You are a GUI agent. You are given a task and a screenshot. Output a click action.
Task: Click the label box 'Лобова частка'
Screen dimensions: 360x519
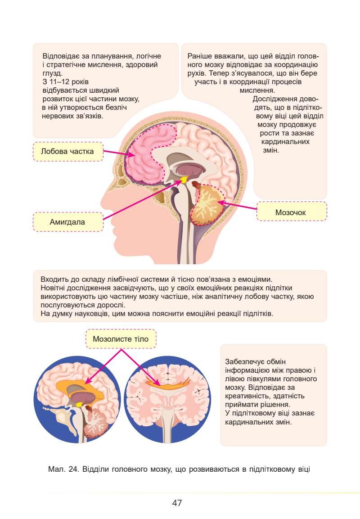click(68, 152)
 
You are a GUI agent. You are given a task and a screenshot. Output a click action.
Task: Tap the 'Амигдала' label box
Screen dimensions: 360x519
click(68, 222)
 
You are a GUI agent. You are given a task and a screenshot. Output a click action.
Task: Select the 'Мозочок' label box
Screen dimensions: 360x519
click(291, 212)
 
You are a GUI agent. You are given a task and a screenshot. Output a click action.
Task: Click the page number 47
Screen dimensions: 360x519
click(177, 503)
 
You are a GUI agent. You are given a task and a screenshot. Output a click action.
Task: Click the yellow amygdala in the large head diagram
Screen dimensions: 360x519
click(184, 180)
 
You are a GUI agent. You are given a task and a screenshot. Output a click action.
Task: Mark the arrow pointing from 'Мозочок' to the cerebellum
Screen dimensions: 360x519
click(238, 207)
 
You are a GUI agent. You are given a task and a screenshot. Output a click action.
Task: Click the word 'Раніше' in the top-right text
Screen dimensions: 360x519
click(199, 56)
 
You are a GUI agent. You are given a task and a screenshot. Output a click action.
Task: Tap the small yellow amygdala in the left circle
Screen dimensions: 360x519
click(80, 404)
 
